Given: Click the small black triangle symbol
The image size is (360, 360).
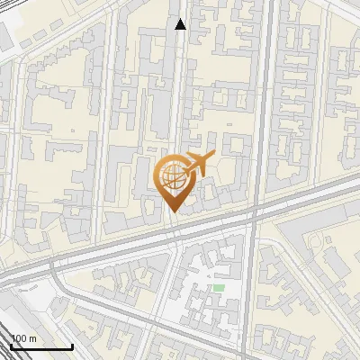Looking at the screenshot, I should point(181,25).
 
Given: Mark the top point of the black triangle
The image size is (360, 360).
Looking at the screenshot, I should point(181,20).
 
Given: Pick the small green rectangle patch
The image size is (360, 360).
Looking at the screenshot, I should point(219,288).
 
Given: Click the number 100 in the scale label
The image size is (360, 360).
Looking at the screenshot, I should point(18,338).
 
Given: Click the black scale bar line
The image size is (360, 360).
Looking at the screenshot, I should point(40,346).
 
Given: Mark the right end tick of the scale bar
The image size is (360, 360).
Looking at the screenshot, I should point(72,344).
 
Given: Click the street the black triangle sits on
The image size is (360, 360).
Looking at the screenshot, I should point(181,72).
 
